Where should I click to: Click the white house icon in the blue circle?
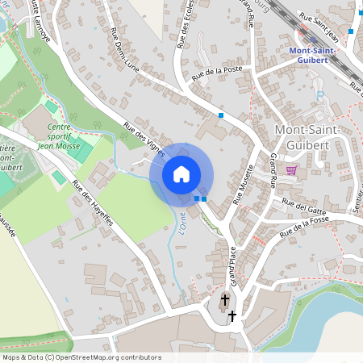181,173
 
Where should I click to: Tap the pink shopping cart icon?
291,170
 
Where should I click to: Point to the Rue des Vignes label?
144,138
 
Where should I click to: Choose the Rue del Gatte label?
303,204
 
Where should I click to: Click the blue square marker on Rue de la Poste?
221,116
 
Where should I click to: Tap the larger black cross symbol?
224,301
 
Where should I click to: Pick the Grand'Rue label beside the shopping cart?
275,169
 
